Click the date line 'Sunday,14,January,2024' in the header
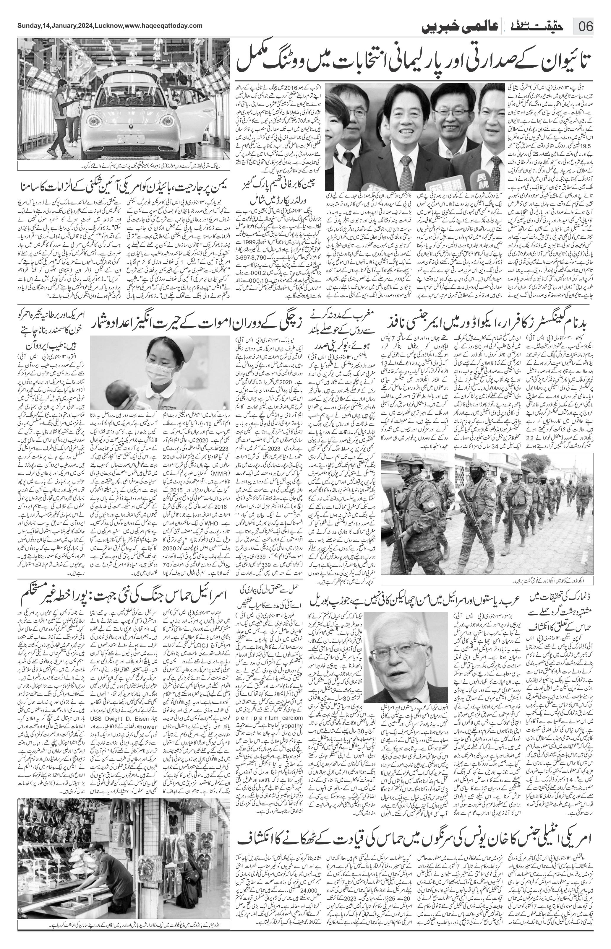[56, 26]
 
